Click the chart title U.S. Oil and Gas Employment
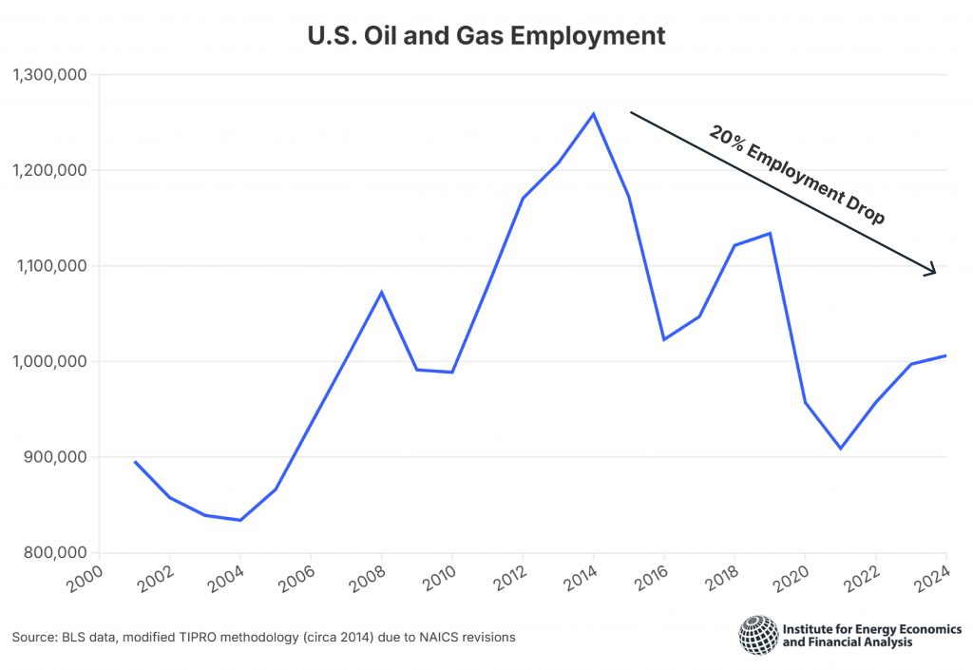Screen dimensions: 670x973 (x=486, y=36)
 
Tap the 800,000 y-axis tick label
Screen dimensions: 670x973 (x=53, y=552)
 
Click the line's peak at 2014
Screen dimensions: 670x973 (x=594, y=114)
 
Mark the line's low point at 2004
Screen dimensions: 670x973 (x=240, y=520)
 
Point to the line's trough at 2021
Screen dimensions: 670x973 (x=841, y=449)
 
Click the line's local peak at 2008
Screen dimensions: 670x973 (x=381, y=292)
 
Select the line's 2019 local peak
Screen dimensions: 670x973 (x=770, y=233)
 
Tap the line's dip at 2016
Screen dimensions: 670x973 (x=664, y=339)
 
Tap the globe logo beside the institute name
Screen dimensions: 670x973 (x=757, y=635)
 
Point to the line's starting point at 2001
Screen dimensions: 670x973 (x=134, y=461)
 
